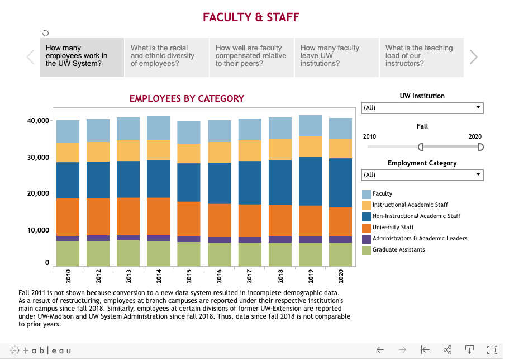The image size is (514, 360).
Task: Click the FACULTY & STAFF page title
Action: [x=251, y=17]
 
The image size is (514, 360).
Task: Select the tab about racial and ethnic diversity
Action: [x=166, y=56]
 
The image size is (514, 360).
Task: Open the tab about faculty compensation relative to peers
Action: [x=251, y=56]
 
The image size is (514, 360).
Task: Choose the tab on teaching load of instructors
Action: [x=421, y=56]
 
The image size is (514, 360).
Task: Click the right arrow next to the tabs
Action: [x=474, y=56]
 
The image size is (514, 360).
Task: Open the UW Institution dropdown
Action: [x=422, y=107]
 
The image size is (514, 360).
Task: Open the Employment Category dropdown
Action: [x=422, y=174]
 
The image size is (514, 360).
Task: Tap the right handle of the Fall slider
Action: [x=480, y=147]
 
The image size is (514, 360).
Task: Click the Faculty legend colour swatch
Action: [x=367, y=194]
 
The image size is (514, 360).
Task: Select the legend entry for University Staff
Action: [x=393, y=227]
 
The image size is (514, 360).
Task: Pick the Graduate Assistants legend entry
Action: [x=398, y=249]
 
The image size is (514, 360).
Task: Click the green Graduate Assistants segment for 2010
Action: [x=68, y=253]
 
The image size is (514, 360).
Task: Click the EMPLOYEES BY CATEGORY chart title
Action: [x=187, y=98]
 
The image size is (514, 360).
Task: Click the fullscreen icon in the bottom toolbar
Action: [x=492, y=350]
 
